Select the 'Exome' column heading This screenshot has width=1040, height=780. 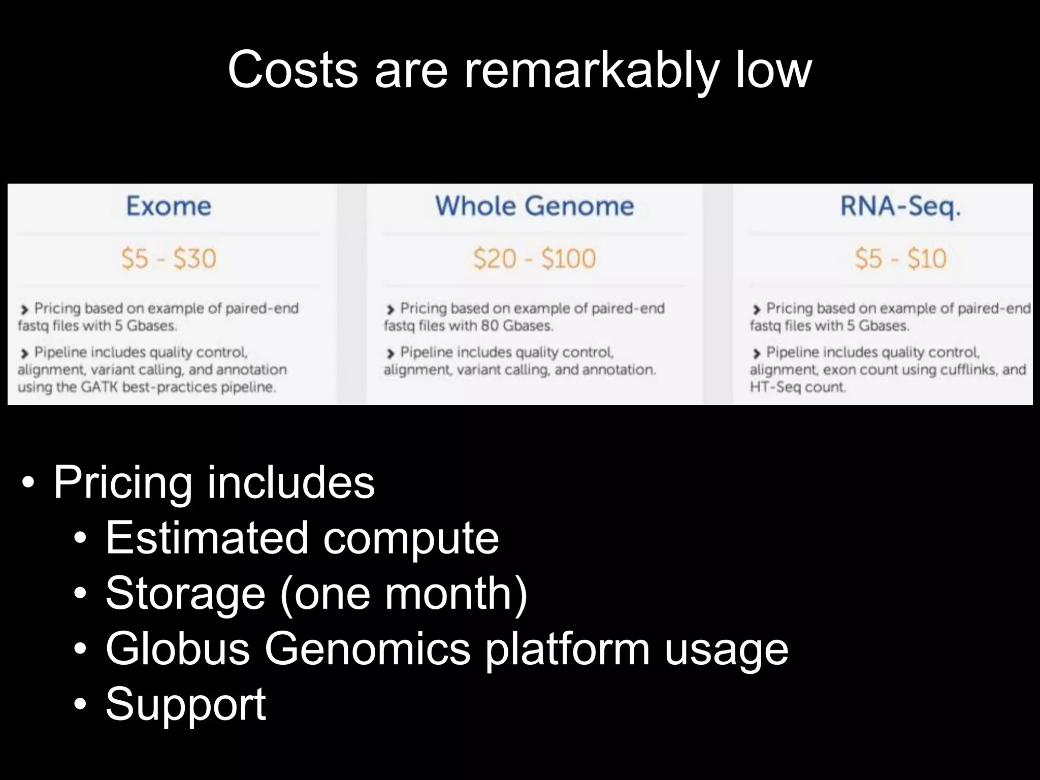pos(168,206)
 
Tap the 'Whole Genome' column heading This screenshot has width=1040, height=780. pos(534,206)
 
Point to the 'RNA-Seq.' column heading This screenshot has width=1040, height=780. pos(900,207)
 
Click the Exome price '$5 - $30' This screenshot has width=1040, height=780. pos(169,258)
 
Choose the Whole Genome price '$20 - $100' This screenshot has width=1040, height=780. pos(534,258)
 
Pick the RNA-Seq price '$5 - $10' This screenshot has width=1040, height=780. pos(900,258)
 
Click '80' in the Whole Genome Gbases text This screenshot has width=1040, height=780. pos(489,326)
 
